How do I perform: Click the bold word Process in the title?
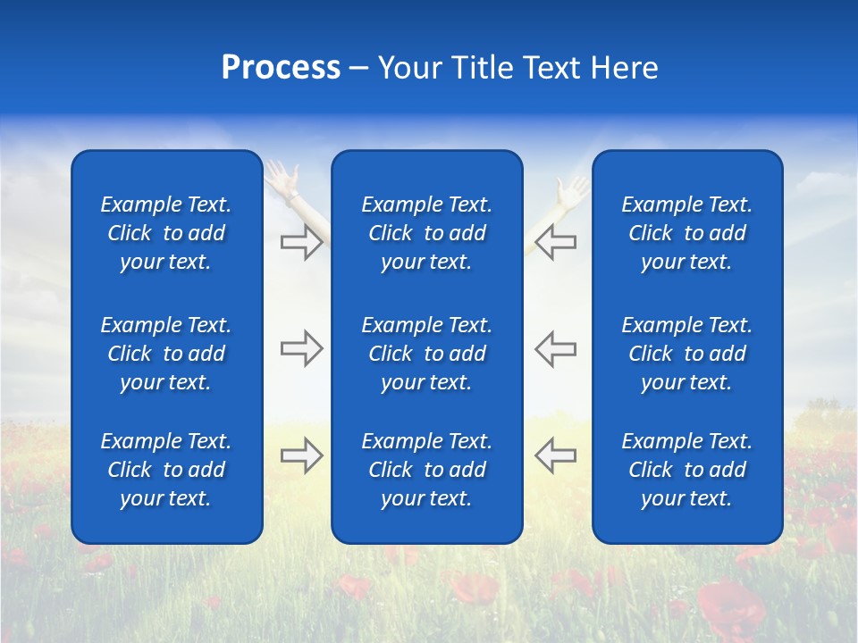coord(281,68)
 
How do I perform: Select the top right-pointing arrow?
coord(301,242)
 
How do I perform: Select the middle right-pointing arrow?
coord(301,348)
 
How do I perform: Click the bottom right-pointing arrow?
coord(301,455)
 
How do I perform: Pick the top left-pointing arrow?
coord(555,242)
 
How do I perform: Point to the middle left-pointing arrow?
coord(555,348)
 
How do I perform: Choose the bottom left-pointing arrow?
coord(555,455)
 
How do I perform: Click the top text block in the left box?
coord(166,233)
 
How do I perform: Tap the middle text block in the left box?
coord(166,354)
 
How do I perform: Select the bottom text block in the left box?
coord(166,470)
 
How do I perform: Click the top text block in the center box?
coord(427,233)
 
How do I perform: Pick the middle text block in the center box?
coord(427,354)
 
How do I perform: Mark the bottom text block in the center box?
coord(427,470)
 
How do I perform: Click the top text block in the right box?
coord(687,233)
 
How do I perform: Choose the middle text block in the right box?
coord(687,354)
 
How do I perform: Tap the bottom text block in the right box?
coord(687,470)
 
